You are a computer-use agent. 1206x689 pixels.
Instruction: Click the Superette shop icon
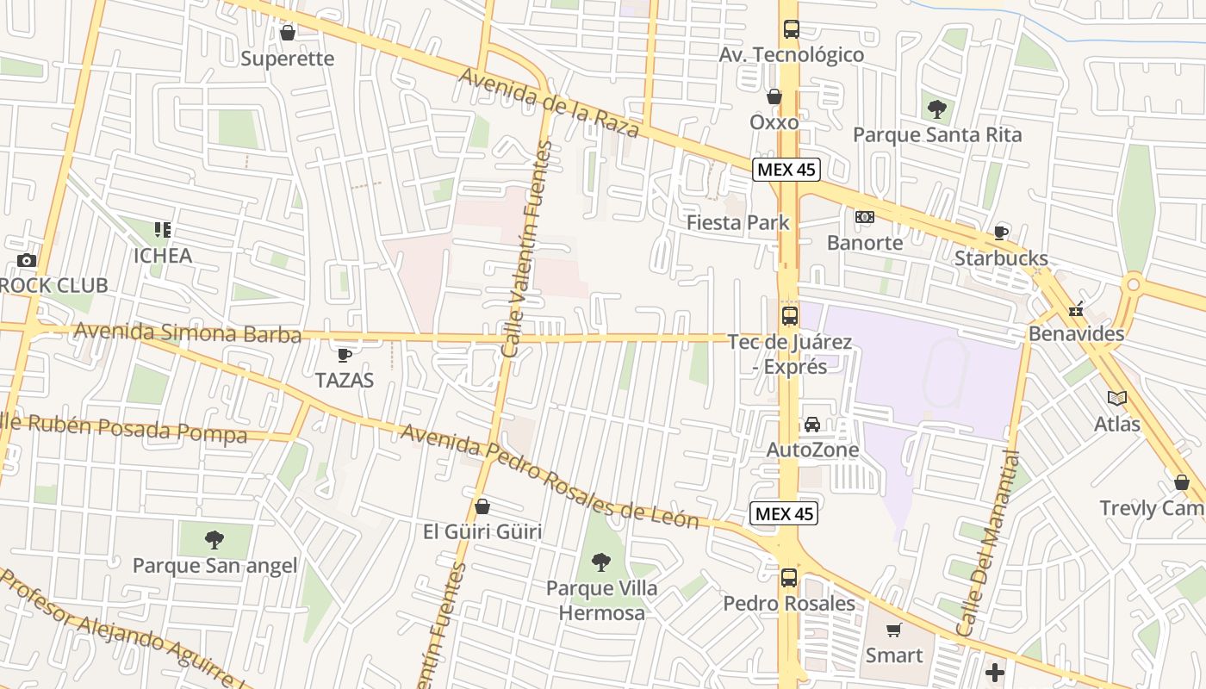288,33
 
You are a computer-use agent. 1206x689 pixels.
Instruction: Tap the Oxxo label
774,122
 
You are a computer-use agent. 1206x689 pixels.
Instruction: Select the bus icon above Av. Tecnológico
791,29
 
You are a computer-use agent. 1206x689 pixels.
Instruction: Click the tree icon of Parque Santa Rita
936,109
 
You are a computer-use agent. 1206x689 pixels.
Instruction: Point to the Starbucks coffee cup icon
1001,233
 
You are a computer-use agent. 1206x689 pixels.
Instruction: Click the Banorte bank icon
864,217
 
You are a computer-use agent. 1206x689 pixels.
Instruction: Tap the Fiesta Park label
737,223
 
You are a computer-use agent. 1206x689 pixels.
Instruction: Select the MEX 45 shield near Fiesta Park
785,170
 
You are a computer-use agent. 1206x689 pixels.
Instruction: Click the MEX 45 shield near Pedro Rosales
783,514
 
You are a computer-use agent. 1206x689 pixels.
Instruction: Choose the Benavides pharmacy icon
1075,309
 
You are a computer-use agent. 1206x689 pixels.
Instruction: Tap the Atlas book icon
1117,398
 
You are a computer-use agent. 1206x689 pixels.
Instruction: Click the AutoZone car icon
811,425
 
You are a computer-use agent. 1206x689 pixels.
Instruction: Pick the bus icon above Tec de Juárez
789,316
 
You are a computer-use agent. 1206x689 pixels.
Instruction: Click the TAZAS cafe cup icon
345,355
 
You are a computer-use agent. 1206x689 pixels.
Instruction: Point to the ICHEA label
162,256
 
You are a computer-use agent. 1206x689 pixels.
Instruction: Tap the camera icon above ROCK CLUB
27,260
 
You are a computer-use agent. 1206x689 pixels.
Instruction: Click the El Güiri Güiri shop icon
482,506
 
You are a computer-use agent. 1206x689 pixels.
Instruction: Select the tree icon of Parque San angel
214,540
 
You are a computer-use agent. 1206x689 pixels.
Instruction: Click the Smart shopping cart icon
894,630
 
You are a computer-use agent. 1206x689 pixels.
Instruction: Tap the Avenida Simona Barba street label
188,332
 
